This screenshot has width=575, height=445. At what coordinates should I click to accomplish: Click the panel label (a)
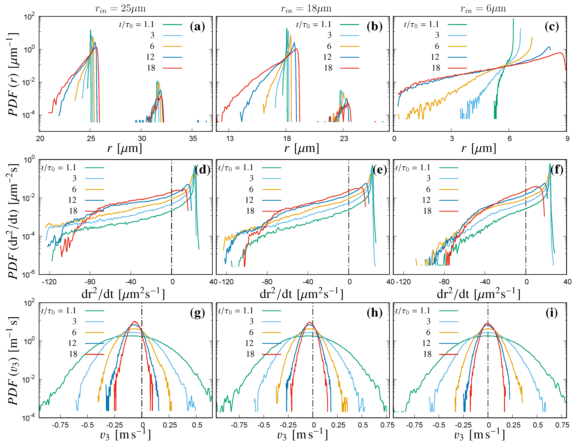tap(197, 27)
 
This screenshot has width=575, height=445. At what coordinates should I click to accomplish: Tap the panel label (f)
tap(557, 170)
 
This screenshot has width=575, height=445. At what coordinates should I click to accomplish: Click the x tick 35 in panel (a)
tap(193, 139)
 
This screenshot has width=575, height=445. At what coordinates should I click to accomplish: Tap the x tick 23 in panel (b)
tap(344, 139)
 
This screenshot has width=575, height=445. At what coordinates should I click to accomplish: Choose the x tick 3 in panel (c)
tap(452, 139)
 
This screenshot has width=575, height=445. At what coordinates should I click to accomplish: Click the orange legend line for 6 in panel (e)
tap(271, 189)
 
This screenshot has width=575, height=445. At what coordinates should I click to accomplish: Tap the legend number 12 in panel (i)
tap(426, 343)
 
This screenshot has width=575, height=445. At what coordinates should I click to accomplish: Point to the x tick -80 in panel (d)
tap(90, 282)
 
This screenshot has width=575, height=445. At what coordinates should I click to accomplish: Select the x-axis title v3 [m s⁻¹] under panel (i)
tap(479, 435)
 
